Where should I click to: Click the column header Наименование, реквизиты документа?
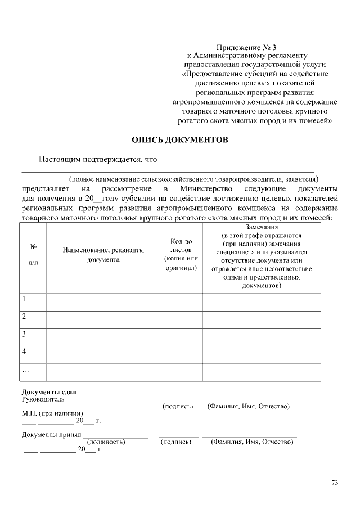click(103, 255)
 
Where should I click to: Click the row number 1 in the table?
click(25, 299)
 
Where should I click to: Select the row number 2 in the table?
click(25, 317)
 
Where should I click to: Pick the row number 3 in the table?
click(25, 334)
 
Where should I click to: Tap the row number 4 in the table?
click(25, 352)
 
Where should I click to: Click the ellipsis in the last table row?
click(26, 370)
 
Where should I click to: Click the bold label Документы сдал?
click(49, 392)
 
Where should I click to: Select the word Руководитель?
click(43, 400)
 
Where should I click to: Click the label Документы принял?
click(51, 434)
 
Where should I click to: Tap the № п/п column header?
click(33, 254)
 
